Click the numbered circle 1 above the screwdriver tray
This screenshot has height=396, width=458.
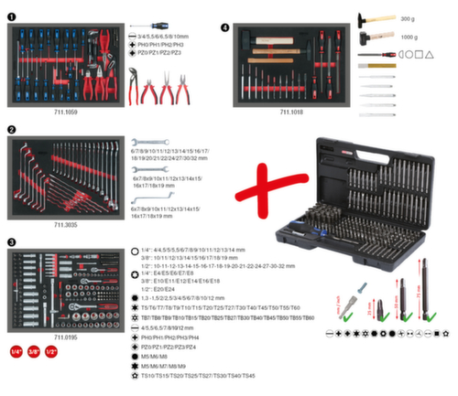[9, 16]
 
